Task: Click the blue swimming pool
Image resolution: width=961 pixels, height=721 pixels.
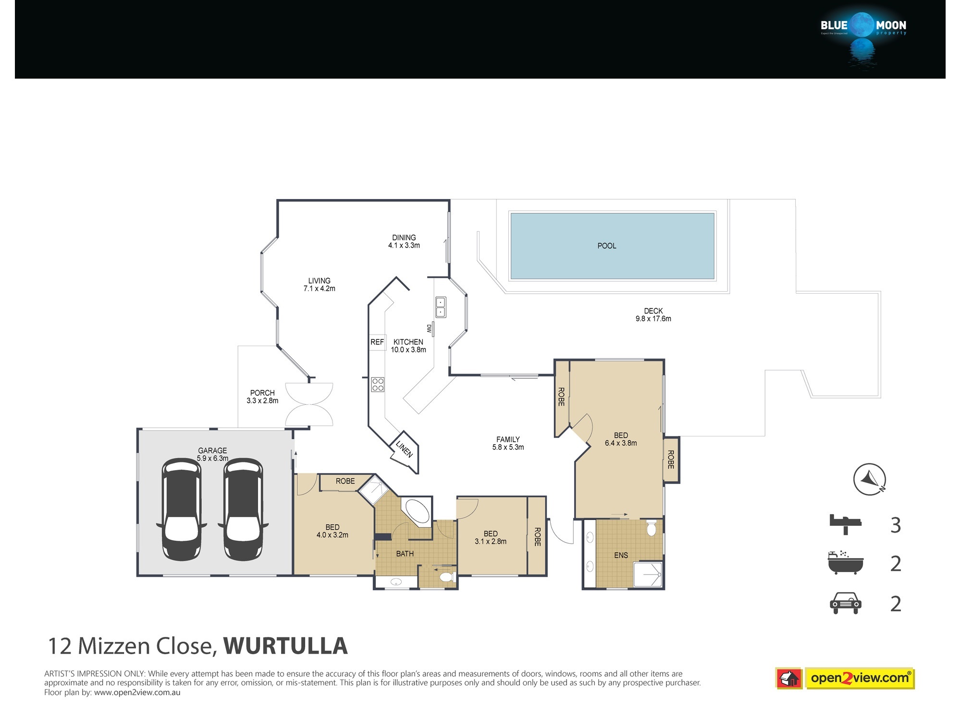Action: pos(612,246)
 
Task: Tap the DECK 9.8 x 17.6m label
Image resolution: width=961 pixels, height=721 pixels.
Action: pos(653,315)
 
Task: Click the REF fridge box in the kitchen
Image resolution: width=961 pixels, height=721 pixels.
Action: pos(377,342)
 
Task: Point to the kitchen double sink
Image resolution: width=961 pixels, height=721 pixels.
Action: pos(441,307)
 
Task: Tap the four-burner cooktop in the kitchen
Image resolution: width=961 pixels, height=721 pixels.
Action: pos(378,385)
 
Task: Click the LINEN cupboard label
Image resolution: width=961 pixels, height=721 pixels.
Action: pos(404,449)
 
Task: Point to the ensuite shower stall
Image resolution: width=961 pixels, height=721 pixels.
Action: pos(648,574)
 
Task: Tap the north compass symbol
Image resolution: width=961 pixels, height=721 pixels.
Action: pos(870,479)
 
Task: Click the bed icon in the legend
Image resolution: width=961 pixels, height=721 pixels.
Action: pos(846,524)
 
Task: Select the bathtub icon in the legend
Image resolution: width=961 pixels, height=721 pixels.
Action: pos(846,562)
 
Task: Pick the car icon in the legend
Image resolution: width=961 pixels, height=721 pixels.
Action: pos(846,603)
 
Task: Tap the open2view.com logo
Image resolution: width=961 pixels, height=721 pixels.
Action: pos(845,678)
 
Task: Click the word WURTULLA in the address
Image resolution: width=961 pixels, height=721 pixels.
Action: pos(285,646)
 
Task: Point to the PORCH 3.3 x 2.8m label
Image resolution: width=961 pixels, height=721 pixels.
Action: pos(262,397)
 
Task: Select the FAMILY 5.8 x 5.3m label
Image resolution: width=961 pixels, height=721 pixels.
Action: pos(508,443)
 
